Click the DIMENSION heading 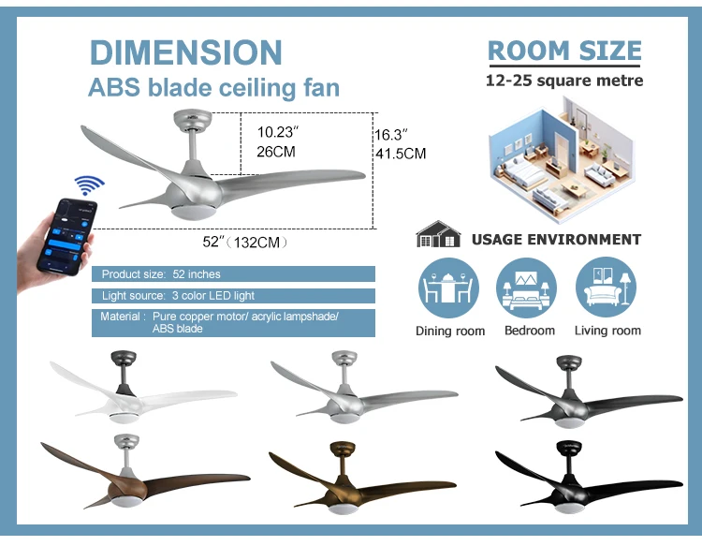pos(185,52)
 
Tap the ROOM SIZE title pos(564,51)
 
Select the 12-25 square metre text pos(564,81)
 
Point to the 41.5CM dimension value pos(401,154)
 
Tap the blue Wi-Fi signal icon pos(90,184)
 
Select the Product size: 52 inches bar pos(233,274)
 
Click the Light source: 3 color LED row pos(233,296)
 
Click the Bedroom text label pos(529,331)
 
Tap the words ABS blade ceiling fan pos(213,89)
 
